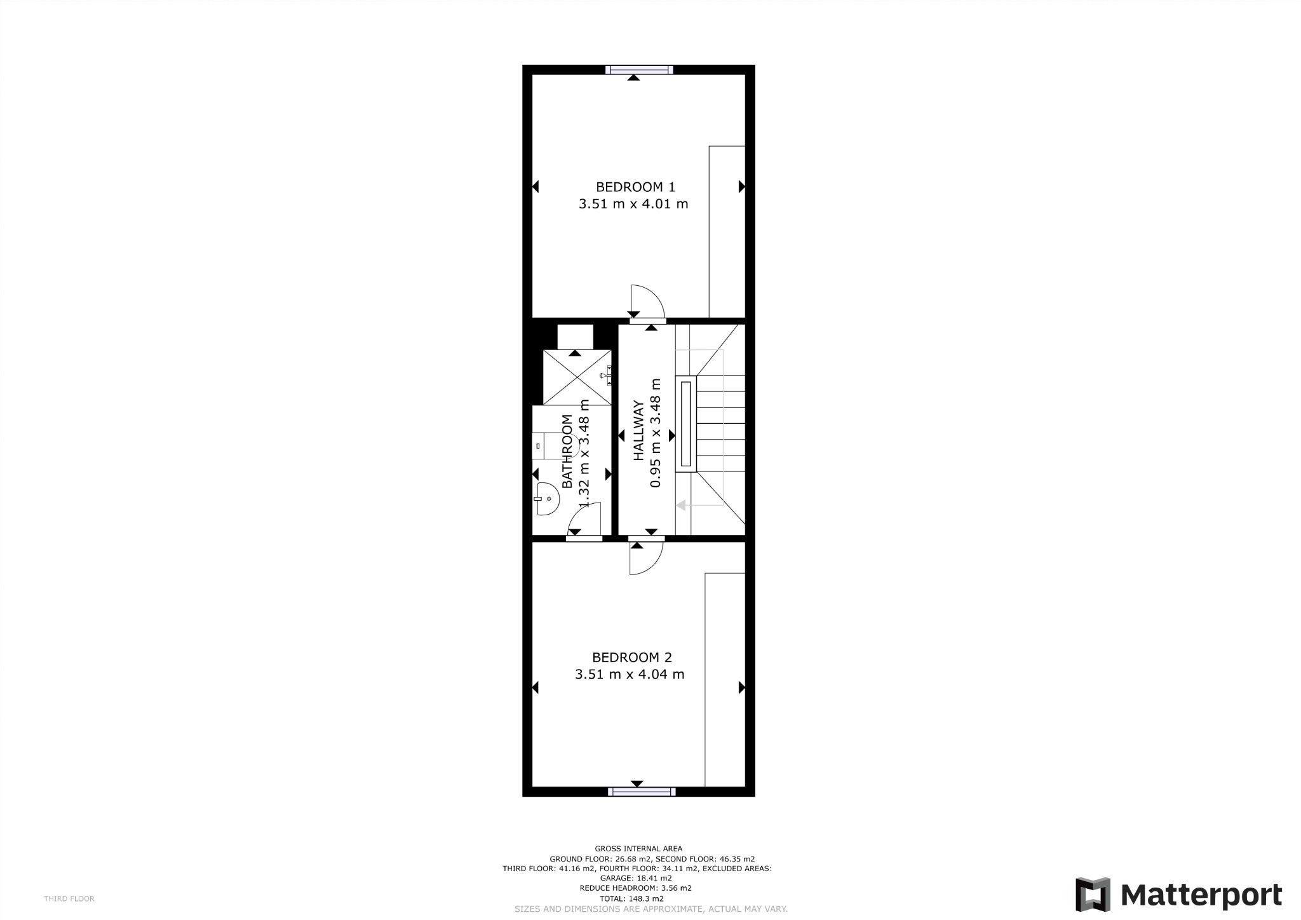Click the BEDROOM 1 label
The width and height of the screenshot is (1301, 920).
pyautogui.click(x=635, y=187)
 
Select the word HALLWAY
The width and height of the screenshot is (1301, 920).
pyautogui.click(x=639, y=430)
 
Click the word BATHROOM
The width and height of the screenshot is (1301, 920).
pyautogui.click(x=567, y=450)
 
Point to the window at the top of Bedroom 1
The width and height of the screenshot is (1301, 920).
pyautogui.click(x=638, y=70)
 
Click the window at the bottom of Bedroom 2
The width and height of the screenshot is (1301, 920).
pyautogui.click(x=641, y=791)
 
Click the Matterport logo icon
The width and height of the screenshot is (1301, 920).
pyautogui.click(x=1092, y=895)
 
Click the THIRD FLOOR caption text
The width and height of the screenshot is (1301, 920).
pyautogui.click(x=69, y=898)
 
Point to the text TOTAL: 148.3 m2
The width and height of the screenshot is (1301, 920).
pyautogui.click(x=631, y=898)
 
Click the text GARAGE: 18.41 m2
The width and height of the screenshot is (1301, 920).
pyautogui.click(x=635, y=878)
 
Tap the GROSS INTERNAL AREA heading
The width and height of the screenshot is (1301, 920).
pyautogui.click(x=638, y=848)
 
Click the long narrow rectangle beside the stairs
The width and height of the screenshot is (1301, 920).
pyautogui.click(x=685, y=423)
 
